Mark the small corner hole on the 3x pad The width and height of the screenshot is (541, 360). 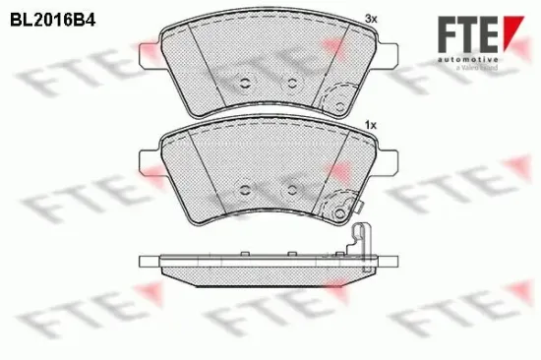pos(339,100)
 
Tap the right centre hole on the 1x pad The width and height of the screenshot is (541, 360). pos(291,190)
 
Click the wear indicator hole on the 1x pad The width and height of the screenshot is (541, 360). pos(339,210)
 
